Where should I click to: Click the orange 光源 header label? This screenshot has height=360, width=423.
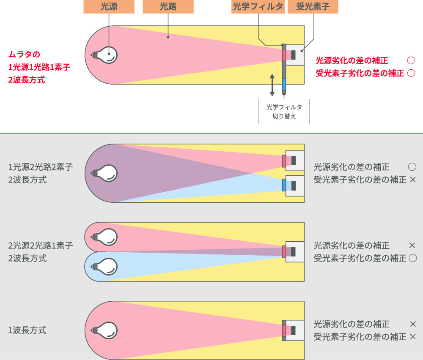coord(109,7)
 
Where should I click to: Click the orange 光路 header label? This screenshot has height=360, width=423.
coord(168,7)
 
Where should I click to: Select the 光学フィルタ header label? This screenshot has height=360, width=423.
coord(258,7)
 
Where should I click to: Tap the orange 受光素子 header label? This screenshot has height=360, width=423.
coord(313,7)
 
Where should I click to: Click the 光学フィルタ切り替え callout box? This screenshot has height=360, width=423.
coord(284,112)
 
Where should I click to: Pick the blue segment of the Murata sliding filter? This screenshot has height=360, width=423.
coord(284,86)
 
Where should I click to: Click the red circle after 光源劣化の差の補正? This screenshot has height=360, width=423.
coord(410,60)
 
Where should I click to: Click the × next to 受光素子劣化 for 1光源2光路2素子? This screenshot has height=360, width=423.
coord(413,180)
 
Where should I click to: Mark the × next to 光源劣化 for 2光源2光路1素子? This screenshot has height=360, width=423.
coord(413,245)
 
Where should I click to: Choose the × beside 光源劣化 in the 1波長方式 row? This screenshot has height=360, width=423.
coord(413,324)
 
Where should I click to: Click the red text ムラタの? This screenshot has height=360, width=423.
coord(24,55)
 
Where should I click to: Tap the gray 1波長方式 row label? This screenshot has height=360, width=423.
coord(27,330)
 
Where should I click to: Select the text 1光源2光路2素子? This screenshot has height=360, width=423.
coord(41,167)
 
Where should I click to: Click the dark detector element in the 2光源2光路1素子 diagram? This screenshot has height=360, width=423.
coord(293,251)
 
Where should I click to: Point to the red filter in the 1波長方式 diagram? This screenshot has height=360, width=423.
coord(284,330)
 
